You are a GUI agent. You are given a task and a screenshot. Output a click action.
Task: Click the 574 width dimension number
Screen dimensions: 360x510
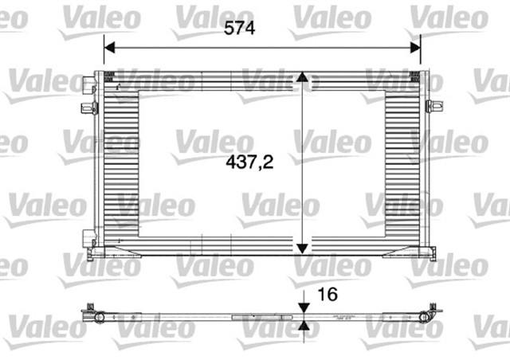tap(239, 29)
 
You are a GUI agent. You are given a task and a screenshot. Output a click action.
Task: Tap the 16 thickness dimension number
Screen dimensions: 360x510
tap(327, 294)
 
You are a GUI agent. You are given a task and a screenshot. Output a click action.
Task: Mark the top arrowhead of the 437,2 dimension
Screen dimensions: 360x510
tap(302, 77)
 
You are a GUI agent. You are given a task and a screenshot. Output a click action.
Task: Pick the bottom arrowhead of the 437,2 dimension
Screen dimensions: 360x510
tap(302, 247)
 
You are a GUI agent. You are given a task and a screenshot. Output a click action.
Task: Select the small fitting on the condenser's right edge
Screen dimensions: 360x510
tap(433, 106)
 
